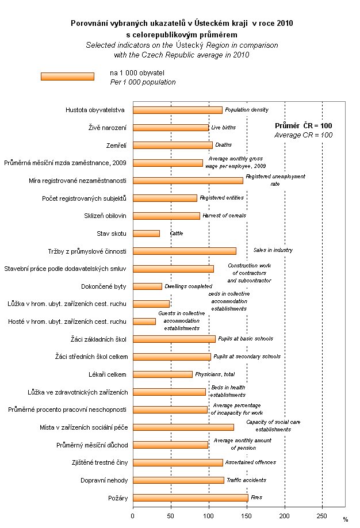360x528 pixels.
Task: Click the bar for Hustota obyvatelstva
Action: pyautogui.click(x=177, y=110)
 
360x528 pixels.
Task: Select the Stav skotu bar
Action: pyautogui.click(x=146, y=234)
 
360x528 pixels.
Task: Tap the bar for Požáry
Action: pyautogui.click(x=190, y=498)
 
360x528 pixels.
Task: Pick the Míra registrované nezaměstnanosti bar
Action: pyautogui.click(x=187, y=181)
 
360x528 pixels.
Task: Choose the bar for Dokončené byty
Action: pyautogui.click(x=147, y=286)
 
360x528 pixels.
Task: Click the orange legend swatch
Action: pyautogui.click(x=67, y=76)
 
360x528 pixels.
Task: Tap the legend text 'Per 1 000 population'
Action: pyautogui.click(x=143, y=82)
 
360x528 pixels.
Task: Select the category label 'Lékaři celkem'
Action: pyautogui.click(x=104, y=374)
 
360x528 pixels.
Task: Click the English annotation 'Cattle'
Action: pyautogui.click(x=176, y=234)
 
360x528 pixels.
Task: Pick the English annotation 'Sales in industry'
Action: pyautogui.click(x=273, y=250)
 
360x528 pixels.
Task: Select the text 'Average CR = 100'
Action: pyautogui.click(x=303, y=135)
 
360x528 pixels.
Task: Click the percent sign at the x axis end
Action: pyautogui.click(x=346, y=519)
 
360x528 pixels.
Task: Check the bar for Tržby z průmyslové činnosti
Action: pyautogui.click(x=184, y=251)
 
